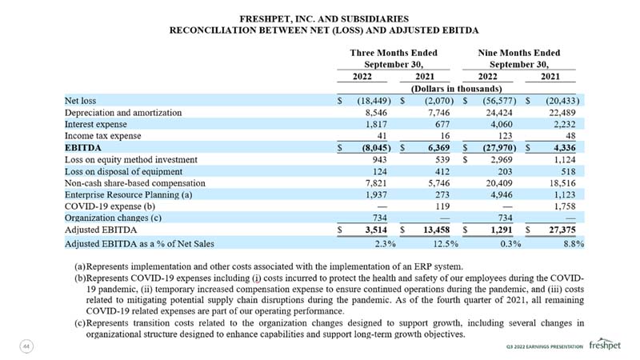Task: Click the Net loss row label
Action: (x=81, y=101)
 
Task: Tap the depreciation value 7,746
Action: (x=438, y=113)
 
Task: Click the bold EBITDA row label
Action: (x=83, y=148)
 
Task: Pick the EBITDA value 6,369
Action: (x=438, y=148)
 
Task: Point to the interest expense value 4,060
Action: (x=502, y=124)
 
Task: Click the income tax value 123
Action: (x=506, y=136)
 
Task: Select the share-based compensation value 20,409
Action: (x=499, y=183)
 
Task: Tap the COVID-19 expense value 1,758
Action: (x=565, y=206)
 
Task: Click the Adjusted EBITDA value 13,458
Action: (x=436, y=230)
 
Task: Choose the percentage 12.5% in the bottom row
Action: (x=446, y=244)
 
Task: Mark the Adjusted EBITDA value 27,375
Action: (x=562, y=230)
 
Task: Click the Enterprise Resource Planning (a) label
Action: (x=128, y=194)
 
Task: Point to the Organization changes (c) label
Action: (x=113, y=218)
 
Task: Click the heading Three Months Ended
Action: (x=394, y=53)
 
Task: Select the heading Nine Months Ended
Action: (x=518, y=53)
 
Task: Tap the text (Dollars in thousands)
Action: (x=456, y=89)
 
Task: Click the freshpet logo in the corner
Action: (x=605, y=345)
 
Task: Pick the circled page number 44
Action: (x=26, y=346)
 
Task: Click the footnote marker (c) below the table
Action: (x=80, y=323)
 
